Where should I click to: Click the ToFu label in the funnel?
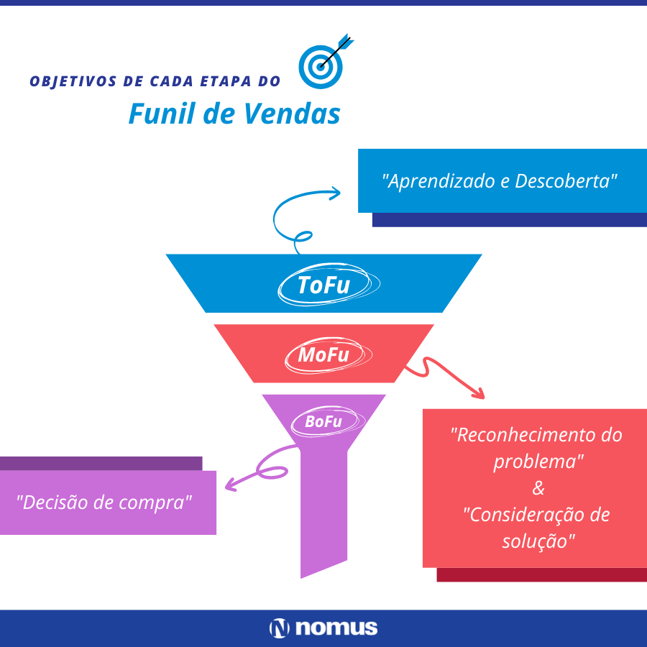coord(324,285)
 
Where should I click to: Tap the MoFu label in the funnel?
coord(324,356)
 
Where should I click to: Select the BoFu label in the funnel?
coord(323,422)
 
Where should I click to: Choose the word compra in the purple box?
coord(161,502)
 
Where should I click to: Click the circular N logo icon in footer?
coord(279,628)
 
